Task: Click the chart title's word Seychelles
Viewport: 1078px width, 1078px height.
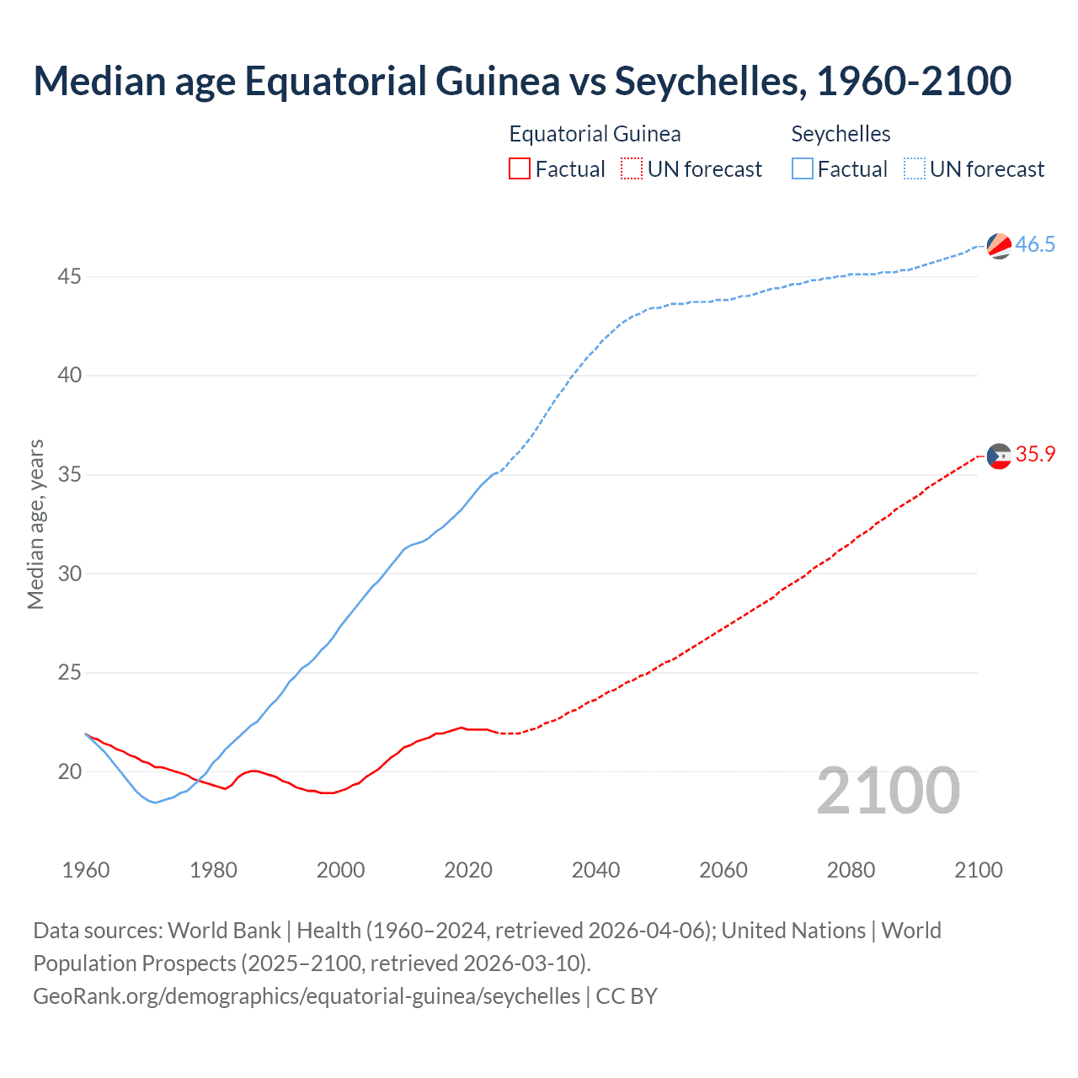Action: (x=706, y=81)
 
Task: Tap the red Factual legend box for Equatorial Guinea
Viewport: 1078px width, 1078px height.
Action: (x=520, y=168)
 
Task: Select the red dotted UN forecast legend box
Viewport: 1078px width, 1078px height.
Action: (x=632, y=168)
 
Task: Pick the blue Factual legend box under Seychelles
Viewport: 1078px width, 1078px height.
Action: (x=802, y=168)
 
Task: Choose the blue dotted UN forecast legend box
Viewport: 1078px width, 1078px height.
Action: (x=914, y=168)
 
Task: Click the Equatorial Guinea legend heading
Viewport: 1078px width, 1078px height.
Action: (x=595, y=134)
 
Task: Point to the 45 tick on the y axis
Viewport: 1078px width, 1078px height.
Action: (x=70, y=276)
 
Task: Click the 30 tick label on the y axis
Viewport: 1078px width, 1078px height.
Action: (x=70, y=574)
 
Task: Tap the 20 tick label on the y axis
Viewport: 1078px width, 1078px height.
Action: (x=70, y=771)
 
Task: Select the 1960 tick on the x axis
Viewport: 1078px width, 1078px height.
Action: (x=86, y=870)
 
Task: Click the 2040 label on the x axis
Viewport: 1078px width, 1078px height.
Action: (x=595, y=870)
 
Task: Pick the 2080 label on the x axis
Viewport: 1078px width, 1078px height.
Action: (x=851, y=870)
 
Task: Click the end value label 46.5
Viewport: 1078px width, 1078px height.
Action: (x=1035, y=245)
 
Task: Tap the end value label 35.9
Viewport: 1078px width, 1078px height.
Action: (x=1035, y=455)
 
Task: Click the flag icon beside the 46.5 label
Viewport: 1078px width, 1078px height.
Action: (x=999, y=246)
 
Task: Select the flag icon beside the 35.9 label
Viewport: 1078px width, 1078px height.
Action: (x=999, y=456)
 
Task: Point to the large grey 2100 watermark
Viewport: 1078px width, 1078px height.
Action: (x=888, y=790)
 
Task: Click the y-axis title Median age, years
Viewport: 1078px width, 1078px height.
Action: (x=35, y=524)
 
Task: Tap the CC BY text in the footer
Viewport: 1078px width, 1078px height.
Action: (x=627, y=996)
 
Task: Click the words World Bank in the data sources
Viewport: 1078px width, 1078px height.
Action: (x=224, y=931)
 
